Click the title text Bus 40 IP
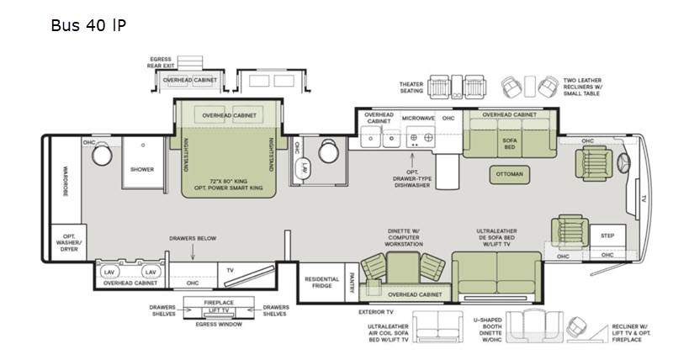tap(88, 25)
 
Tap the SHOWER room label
tap(142, 169)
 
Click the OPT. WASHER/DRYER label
tap(66, 241)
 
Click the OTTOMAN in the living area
tap(509, 174)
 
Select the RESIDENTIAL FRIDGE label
tap(321, 283)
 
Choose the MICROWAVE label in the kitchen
tap(417, 118)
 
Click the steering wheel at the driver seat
tap(623, 161)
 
